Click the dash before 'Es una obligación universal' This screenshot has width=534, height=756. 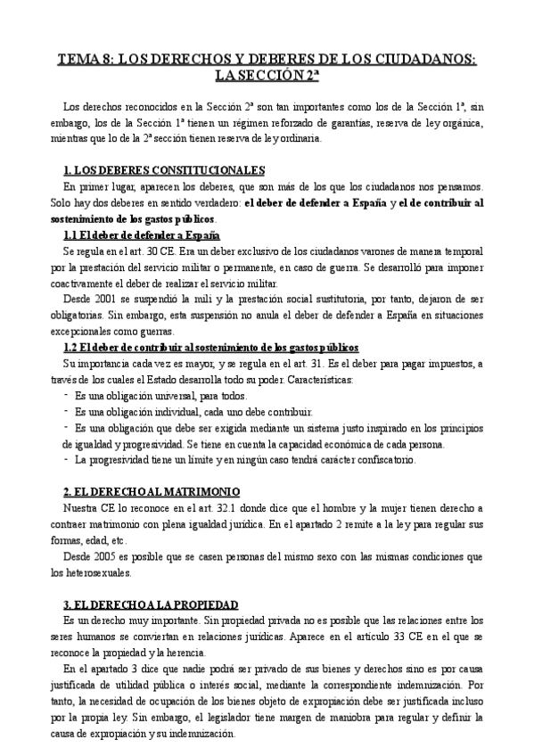coord(68,395)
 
